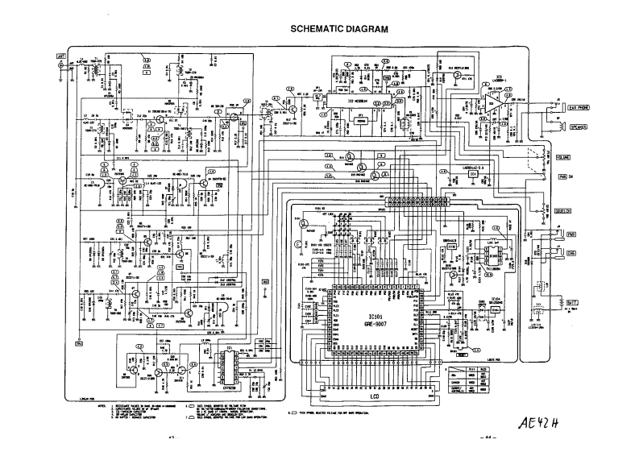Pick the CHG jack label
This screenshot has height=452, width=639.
point(573,251)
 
